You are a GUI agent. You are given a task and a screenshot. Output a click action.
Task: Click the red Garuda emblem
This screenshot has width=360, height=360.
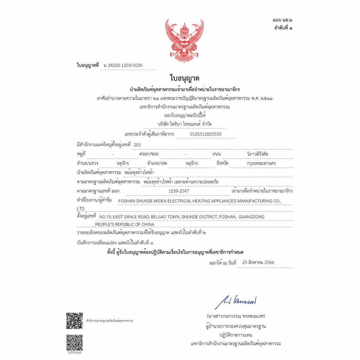click(x=185, y=41)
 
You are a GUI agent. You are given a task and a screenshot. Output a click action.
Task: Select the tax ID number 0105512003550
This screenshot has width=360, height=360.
click(x=206, y=134)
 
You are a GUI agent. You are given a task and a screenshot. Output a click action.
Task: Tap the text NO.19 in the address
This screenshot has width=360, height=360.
click(x=106, y=217)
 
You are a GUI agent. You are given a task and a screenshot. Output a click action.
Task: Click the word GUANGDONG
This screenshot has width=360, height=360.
click(x=251, y=217)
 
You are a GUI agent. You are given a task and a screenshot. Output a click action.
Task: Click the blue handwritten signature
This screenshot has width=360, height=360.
click(x=236, y=301)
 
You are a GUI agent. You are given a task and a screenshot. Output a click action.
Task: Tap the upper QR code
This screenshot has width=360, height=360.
click(x=75, y=321)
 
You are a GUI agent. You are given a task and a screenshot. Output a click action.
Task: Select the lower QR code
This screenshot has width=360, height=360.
click(x=75, y=342)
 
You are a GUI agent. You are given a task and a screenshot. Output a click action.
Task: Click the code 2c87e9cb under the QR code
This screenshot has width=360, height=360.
click(x=75, y=352)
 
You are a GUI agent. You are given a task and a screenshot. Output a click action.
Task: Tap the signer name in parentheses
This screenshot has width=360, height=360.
click(x=236, y=316)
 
